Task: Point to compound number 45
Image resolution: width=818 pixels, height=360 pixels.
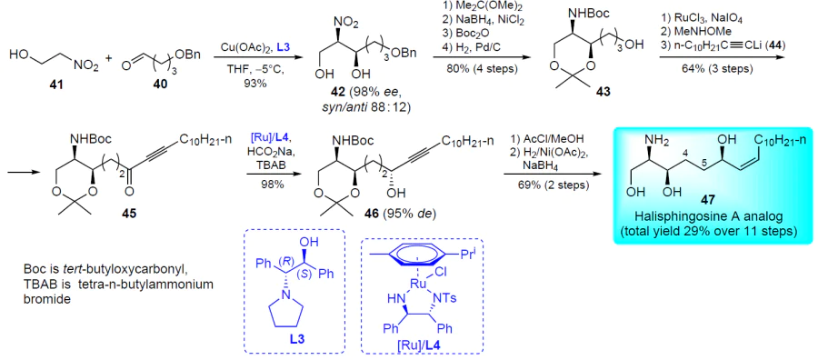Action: pyautogui.click(x=128, y=215)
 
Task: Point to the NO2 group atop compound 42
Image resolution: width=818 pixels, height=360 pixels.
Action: pyautogui.click(x=344, y=24)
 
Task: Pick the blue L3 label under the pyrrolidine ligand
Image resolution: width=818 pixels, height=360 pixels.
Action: pyautogui.click(x=295, y=338)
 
